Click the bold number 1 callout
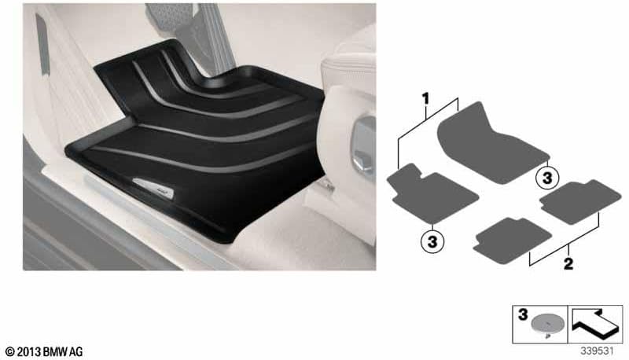pyautogui.click(x=425, y=98)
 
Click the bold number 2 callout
pyautogui.click(x=568, y=264)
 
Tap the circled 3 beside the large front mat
pyautogui.click(x=547, y=178)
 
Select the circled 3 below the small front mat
pyautogui.click(x=432, y=241)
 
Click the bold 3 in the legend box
pyautogui.click(x=523, y=314)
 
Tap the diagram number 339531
pyautogui.click(x=598, y=351)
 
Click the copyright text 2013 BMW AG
pyautogui.click(x=44, y=352)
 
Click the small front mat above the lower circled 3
pyautogui.click(x=432, y=193)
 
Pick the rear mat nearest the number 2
pyautogui.click(x=512, y=241)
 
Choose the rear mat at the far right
pyautogui.click(x=580, y=202)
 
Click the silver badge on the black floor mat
pyautogui.click(x=153, y=188)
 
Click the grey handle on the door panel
pyautogui.click(x=42, y=44)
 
